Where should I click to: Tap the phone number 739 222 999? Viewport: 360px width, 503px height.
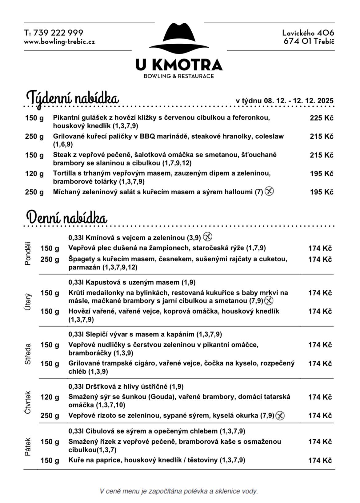(x=58, y=33)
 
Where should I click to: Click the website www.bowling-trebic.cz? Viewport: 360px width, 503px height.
(x=59, y=42)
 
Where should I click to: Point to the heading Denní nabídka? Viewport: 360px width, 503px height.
(x=67, y=218)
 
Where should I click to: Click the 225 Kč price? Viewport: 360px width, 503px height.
(x=322, y=118)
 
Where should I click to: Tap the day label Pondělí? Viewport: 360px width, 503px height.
(x=28, y=253)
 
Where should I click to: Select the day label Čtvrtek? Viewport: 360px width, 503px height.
(x=28, y=402)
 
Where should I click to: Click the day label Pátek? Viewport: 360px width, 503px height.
(x=28, y=446)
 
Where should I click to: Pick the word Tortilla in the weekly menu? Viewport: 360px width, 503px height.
(x=63, y=173)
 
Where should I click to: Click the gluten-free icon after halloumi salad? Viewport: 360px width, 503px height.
(x=269, y=192)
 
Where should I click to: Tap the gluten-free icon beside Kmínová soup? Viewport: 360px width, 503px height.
(x=208, y=237)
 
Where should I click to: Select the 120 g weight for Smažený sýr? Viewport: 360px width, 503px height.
(x=50, y=397)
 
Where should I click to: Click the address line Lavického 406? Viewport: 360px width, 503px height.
(x=308, y=33)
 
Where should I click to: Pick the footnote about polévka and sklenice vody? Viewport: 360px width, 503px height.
(x=178, y=491)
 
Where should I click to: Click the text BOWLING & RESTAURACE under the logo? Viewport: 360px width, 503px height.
(x=179, y=76)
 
